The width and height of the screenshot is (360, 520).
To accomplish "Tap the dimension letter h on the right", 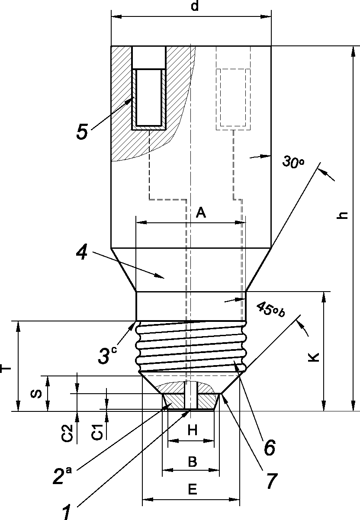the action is (342, 215).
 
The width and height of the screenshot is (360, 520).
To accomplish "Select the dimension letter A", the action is (201, 212).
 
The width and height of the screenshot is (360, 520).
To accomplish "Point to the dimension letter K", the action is (314, 357).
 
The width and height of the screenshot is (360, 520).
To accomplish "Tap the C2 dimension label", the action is (67, 433).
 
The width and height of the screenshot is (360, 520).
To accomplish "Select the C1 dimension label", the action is (97, 432).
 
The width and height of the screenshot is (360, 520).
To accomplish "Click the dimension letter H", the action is (193, 430).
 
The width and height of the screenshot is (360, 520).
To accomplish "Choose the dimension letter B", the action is (193, 462).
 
